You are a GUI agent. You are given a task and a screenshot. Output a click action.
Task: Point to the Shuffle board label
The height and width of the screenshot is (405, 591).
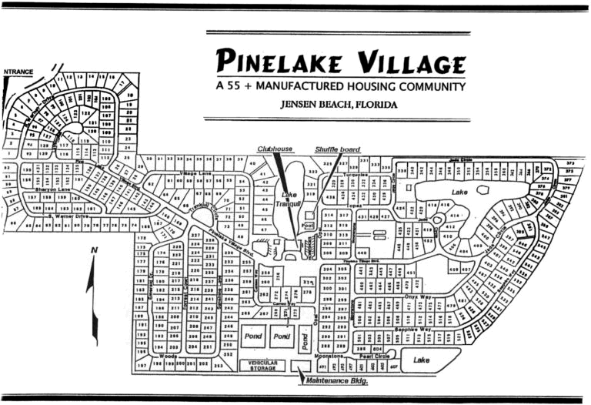[338, 148]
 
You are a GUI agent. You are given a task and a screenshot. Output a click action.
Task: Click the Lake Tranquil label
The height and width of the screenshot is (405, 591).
[289, 199]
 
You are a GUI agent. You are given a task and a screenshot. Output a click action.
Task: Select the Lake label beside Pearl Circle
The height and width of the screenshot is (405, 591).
[421, 359]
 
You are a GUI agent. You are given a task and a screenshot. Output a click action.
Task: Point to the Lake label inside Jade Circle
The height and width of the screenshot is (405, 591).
[459, 192]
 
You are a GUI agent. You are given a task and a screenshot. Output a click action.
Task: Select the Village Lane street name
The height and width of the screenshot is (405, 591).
[195, 174]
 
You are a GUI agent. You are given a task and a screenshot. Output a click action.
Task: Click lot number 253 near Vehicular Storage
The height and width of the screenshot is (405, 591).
[218, 366]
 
